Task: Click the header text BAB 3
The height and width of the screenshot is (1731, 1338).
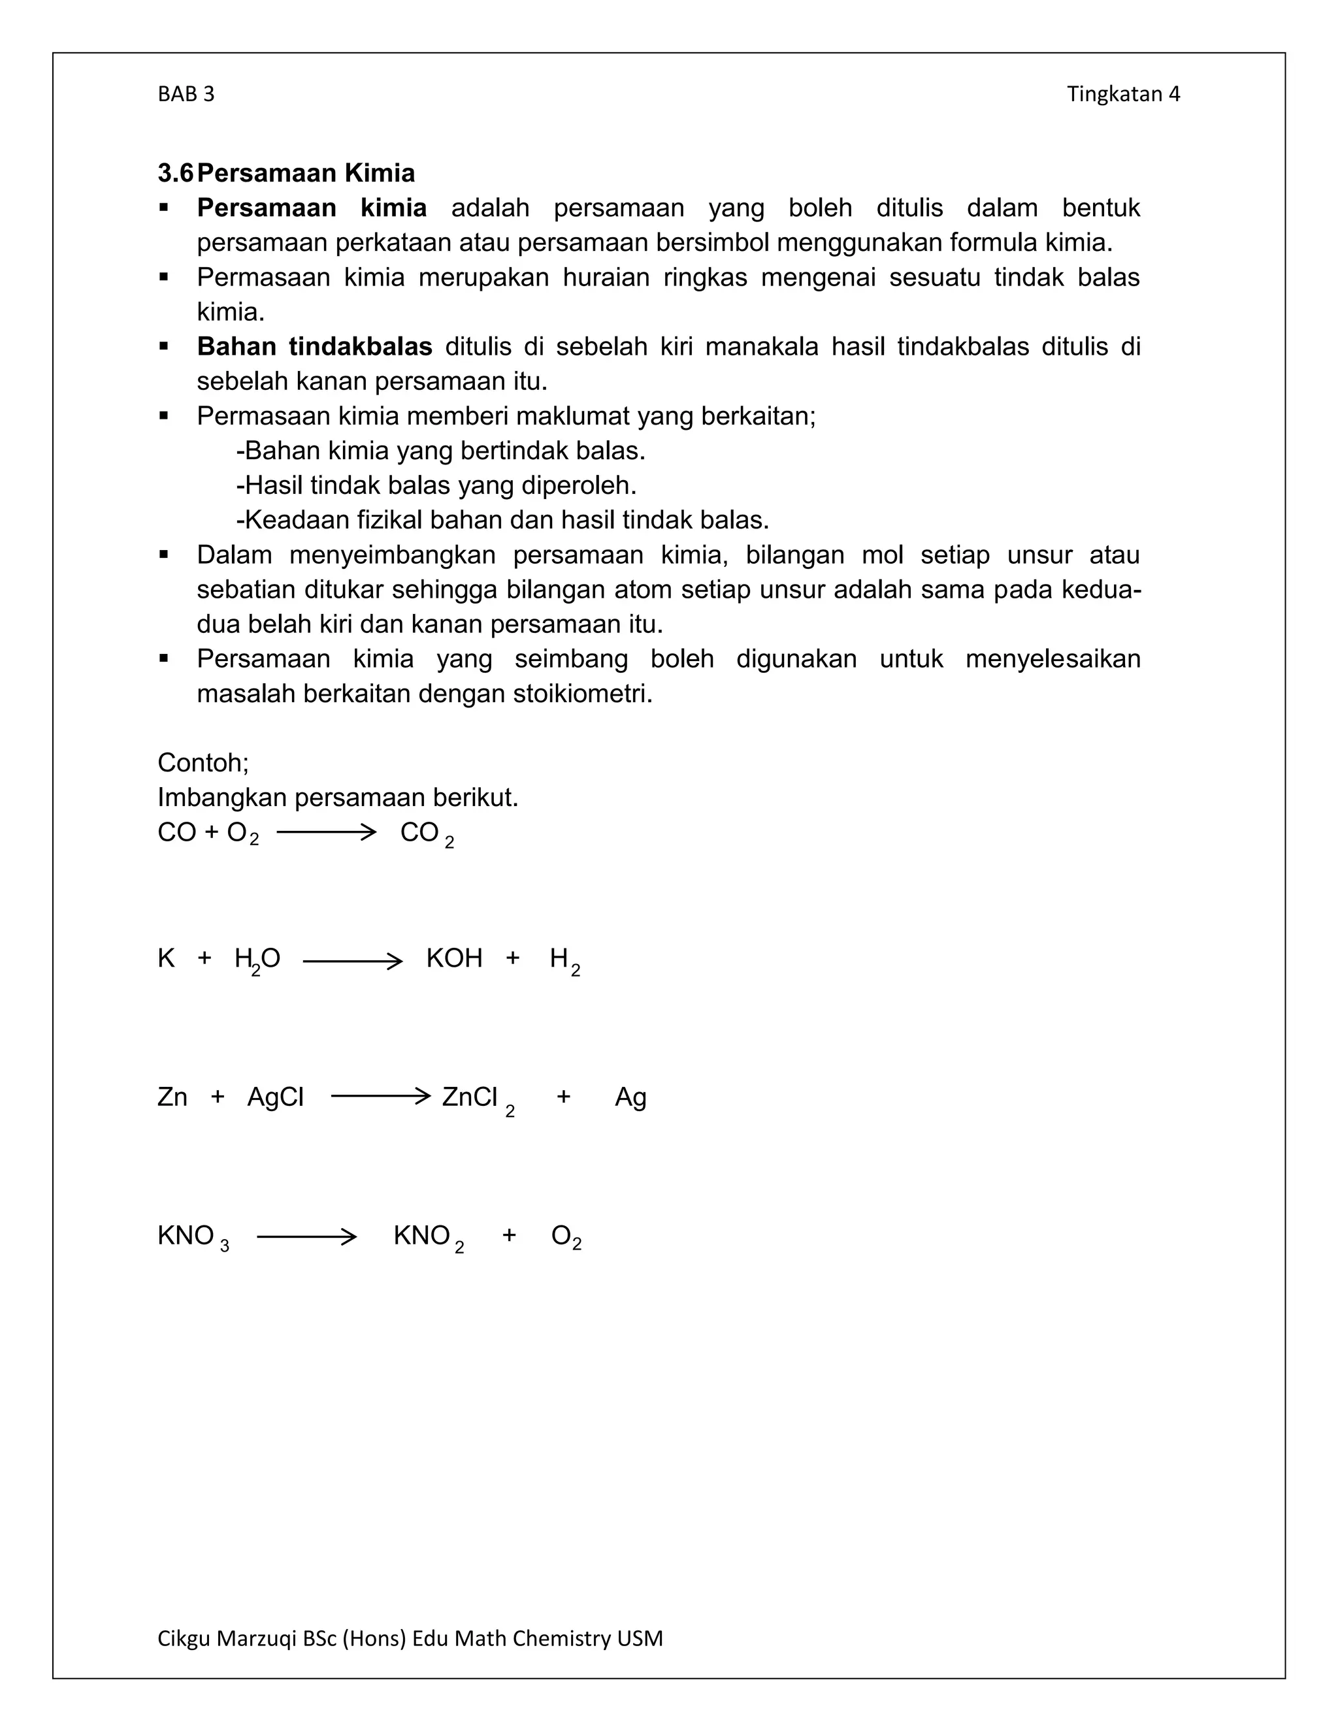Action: [186, 94]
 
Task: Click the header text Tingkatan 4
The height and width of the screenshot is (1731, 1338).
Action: [1122, 94]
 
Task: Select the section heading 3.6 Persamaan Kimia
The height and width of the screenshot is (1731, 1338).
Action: [286, 173]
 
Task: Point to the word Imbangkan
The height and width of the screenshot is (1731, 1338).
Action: [223, 798]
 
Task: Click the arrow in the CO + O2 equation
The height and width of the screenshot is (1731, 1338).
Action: [326, 832]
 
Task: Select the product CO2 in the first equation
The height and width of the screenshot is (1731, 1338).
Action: [427, 833]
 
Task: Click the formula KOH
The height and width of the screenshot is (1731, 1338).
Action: [454, 958]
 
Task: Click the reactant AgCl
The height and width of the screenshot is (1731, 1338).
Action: [275, 1097]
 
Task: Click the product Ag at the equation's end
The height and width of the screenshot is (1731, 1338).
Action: [630, 1098]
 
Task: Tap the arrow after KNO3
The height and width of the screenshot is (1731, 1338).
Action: [307, 1237]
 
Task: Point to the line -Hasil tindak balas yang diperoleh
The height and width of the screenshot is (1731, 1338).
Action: [436, 485]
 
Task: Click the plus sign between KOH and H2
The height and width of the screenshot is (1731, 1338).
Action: [513, 958]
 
